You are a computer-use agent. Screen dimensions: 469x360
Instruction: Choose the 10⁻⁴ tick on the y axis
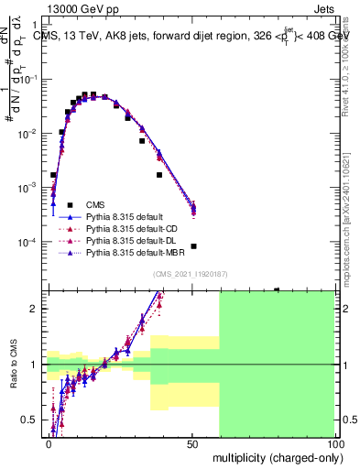[x=33, y=242]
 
